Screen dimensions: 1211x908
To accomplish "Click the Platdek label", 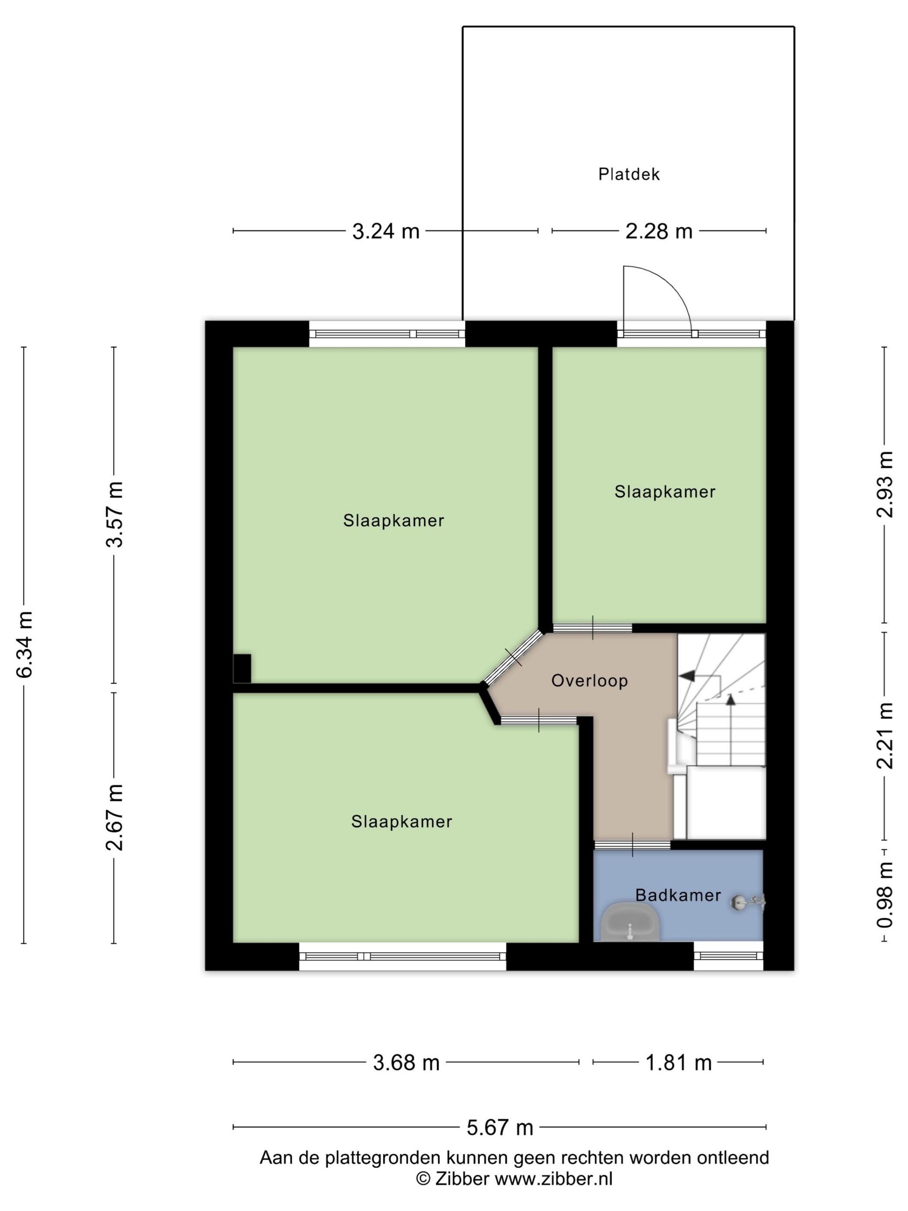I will pos(628,174).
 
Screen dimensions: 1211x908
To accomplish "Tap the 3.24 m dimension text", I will pos(385,231).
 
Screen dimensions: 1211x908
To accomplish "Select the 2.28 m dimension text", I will pos(659,231).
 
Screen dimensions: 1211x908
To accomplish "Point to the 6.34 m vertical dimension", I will pos(25,644).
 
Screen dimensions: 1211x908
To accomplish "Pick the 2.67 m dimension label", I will pos(115,817).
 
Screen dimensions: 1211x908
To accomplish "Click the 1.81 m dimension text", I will pos(678,1063).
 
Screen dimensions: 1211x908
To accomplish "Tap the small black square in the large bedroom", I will pos(242,669).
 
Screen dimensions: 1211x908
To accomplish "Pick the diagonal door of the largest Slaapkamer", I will pos(512,657).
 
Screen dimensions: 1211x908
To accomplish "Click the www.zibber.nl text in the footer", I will pos(553,1178).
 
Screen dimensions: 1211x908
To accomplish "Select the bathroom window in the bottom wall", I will pos(728,956).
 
